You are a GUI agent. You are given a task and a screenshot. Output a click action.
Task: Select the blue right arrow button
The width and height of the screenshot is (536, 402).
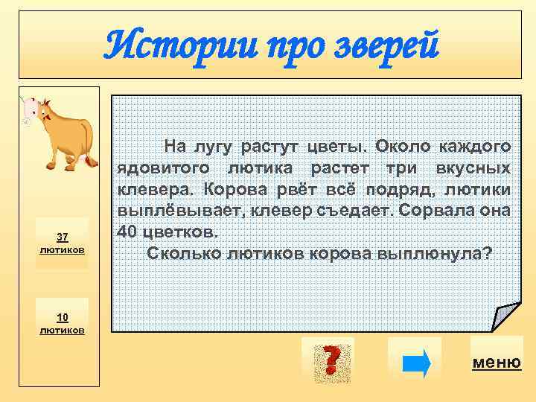(415, 363)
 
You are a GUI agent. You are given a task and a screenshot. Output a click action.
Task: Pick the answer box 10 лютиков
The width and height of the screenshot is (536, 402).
(63, 323)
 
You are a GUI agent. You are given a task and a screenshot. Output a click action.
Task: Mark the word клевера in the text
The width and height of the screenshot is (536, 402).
(147, 189)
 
